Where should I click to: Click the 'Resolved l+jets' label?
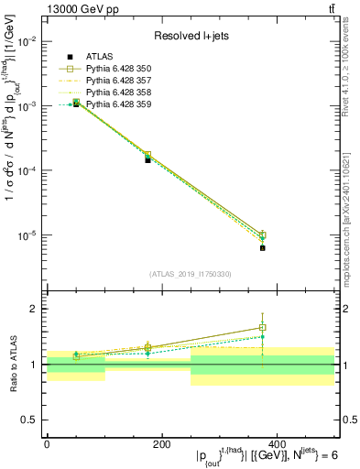pos(190,36)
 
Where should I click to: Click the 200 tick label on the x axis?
pos(161,443)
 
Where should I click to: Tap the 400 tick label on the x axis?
pos(277,443)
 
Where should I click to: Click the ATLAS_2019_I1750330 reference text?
pos(190,273)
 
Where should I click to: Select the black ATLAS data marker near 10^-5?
pos(262,247)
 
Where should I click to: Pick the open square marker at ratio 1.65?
pos(262,327)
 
